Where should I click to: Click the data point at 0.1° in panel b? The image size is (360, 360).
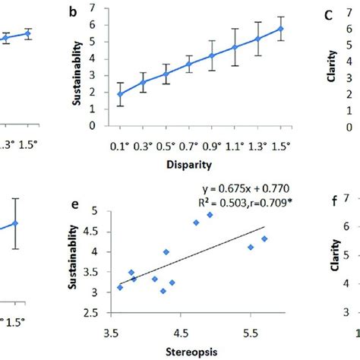pos(120,94)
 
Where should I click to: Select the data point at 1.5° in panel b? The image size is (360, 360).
pos(282,29)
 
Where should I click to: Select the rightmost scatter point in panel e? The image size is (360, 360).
pos(264,238)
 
